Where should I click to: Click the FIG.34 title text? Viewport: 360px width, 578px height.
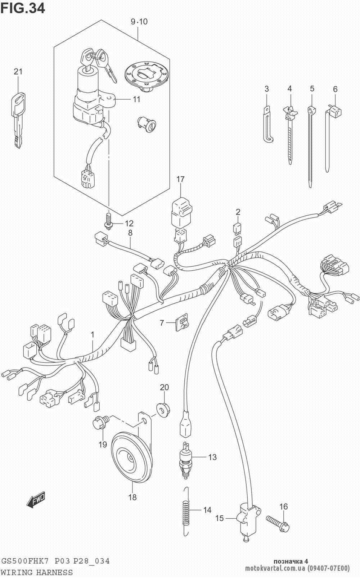[23, 8]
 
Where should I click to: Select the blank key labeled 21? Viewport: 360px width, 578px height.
[18, 119]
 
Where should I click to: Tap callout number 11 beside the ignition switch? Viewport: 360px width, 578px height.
[136, 99]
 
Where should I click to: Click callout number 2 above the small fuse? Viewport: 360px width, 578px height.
[238, 212]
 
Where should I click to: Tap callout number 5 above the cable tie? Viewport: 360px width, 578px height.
[312, 89]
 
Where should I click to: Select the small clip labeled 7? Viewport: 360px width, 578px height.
[182, 322]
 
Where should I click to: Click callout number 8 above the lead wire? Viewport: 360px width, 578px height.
[130, 233]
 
